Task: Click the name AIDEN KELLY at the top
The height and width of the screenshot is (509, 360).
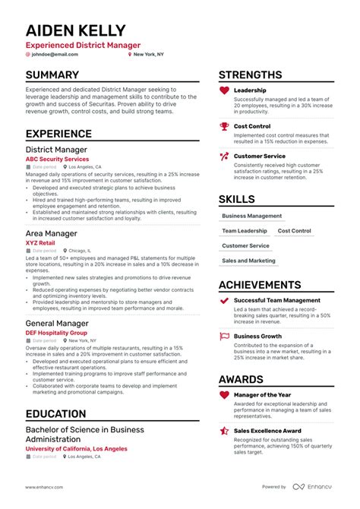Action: [x=76, y=30]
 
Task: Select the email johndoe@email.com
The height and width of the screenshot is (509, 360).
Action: [x=54, y=54]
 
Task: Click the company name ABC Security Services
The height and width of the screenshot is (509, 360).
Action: [x=57, y=160]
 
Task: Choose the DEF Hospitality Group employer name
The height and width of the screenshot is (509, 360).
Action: [x=56, y=333]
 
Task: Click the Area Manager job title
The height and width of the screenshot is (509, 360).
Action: [x=51, y=233]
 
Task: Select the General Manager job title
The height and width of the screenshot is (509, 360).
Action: [x=58, y=323]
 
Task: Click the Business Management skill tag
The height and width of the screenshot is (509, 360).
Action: [x=251, y=216]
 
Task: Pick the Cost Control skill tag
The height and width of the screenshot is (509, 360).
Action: [x=294, y=231]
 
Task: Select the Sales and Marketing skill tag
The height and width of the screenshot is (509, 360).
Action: [x=248, y=261]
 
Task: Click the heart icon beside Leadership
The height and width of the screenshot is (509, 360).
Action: [x=224, y=90]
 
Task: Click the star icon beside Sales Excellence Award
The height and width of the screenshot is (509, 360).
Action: [x=224, y=431]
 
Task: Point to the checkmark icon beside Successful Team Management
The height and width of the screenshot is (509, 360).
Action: [x=224, y=301]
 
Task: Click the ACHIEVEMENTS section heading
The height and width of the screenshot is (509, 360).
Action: [x=271, y=285]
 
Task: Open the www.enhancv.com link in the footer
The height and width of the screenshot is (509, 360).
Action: [x=43, y=486]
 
